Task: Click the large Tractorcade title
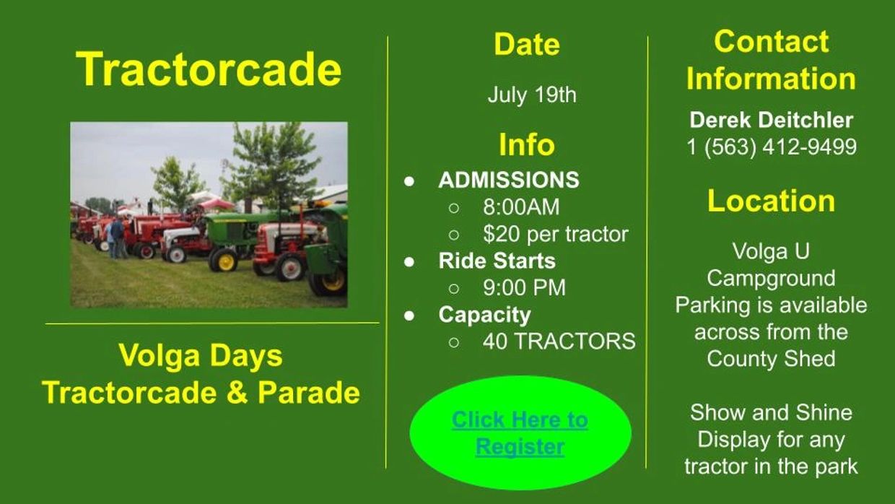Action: pyautogui.click(x=209, y=69)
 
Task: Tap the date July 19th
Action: pyautogui.click(x=532, y=95)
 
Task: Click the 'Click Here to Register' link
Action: pyautogui.click(x=520, y=433)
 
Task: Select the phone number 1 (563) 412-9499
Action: pyautogui.click(x=772, y=147)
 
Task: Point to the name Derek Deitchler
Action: pyautogui.click(x=771, y=120)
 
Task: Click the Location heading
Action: pyautogui.click(x=771, y=201)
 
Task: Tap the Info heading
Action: pyautogui.click(x=527, y=144)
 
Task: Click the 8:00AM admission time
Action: pyautogui.click(x=521, y=207)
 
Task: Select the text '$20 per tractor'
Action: pyautogui.click(x=556, y=234)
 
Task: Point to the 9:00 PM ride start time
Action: pyautogui.click(x=524, y=288)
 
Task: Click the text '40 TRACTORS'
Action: pyautogui.click(x=559, y=342)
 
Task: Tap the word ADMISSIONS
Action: pyautogui.click(x=509, y=180)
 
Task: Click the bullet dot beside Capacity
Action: pyautogui.click(x=409, y=316)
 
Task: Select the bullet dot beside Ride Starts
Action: pyautogui.click(x=409, y=262)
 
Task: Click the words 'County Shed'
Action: pyautogui.click(x=771, y=359)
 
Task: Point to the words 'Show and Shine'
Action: pyautogui.click(x=771, y=412)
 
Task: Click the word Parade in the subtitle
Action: pyautogui.click(x=309, y=392)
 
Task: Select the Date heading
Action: pyautogui.click(x=527, y=43)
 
